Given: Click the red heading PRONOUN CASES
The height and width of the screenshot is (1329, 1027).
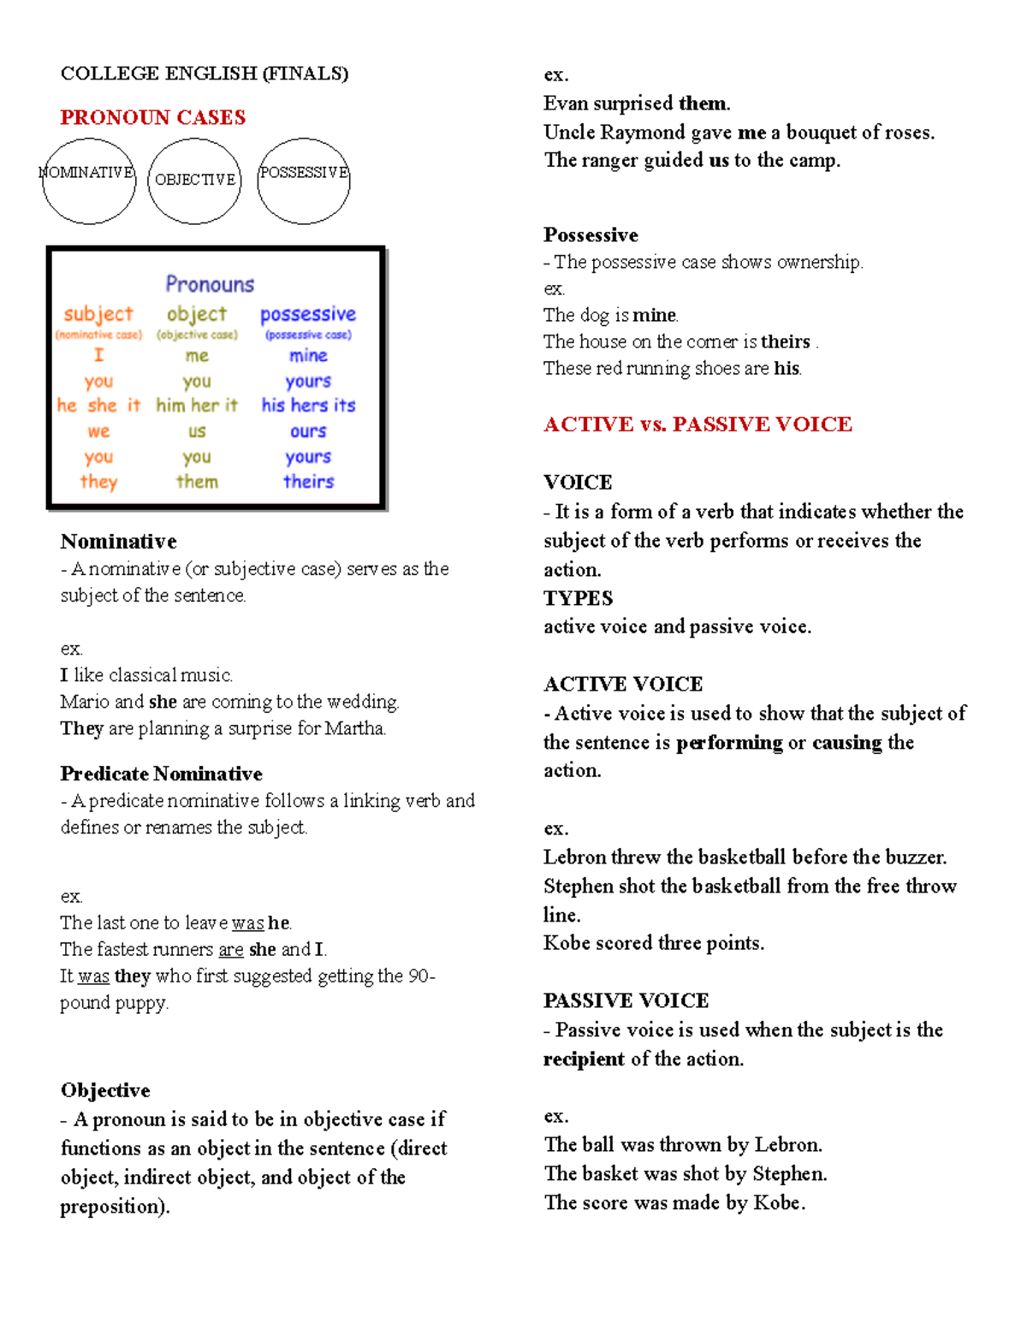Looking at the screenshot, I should click(x=152, y=117).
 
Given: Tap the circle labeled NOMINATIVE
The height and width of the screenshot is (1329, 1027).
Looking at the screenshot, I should click(x=88, y=181).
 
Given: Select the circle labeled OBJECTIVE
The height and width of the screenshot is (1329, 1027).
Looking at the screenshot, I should click(x=194, y=181).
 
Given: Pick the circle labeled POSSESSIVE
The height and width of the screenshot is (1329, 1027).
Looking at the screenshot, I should click(x=304, y=181).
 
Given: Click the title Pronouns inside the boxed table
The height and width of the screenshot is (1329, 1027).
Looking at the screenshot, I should click(x=210, y=284).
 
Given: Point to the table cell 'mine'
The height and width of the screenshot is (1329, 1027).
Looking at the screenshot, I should click(x=308, y=355).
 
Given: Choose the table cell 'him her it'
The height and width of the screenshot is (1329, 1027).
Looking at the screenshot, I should click(x=197, y=405).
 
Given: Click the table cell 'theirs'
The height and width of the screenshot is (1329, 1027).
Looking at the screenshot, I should click(x=309, y=482).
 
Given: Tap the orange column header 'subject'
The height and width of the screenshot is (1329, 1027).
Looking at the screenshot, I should click(x=98, y=314).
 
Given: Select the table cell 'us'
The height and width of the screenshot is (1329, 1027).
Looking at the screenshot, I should click(x=197, y=431).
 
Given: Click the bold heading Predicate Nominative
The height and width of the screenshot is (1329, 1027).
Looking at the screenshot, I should click(x=161, y=774).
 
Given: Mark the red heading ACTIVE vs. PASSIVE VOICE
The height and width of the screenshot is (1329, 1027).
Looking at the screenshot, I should click(x=698, y=424).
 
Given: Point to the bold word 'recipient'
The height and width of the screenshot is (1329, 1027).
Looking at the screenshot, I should click(x=584, y=1059).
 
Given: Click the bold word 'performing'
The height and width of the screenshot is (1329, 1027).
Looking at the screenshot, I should click(x=729, y=743).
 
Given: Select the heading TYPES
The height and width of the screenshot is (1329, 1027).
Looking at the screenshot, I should click(x=579, y=598).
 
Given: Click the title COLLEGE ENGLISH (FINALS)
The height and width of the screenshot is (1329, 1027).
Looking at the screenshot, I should click(x=205, y=74).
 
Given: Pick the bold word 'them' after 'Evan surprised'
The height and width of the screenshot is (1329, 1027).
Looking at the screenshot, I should click(x=703, y=104).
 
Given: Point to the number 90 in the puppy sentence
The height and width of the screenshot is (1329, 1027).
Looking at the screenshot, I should click(x=419, y=976).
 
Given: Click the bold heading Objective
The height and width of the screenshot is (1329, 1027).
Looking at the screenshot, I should click(x=105, y=1090).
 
